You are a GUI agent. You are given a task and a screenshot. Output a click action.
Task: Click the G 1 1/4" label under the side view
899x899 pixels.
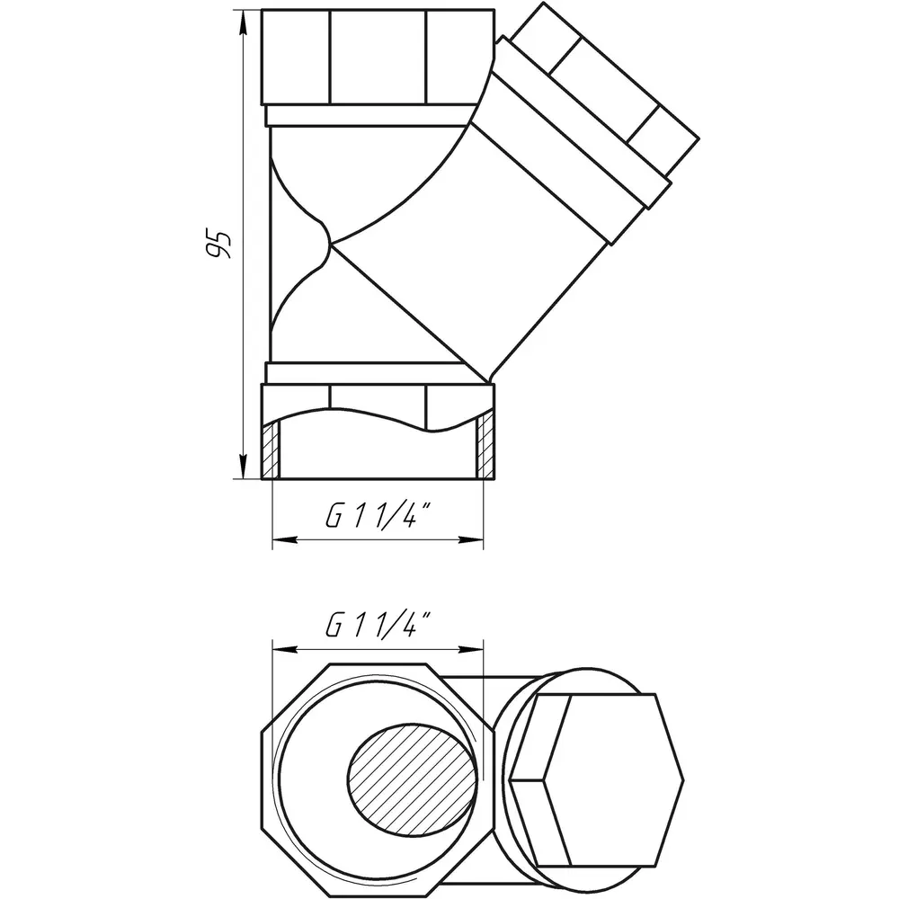coord(378,515)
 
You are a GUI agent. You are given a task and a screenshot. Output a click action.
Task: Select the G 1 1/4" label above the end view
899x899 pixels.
coord(378,625)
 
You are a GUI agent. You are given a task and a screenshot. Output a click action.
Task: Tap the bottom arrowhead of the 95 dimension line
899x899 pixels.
coord(243,466)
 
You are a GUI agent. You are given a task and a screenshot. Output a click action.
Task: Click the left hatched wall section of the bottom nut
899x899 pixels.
coord(271,448)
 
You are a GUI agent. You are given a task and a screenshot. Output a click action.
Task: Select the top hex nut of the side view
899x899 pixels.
coord(378,58)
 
